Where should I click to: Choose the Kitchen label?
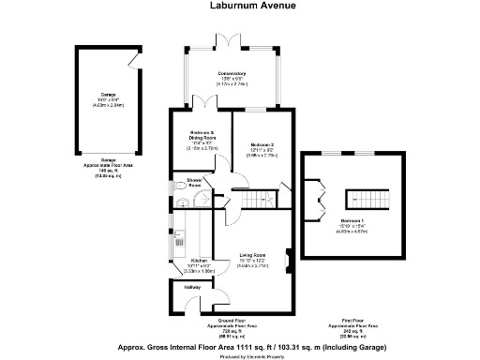click(x=199, y=262)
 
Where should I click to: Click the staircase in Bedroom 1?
click(x=361, y=199)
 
